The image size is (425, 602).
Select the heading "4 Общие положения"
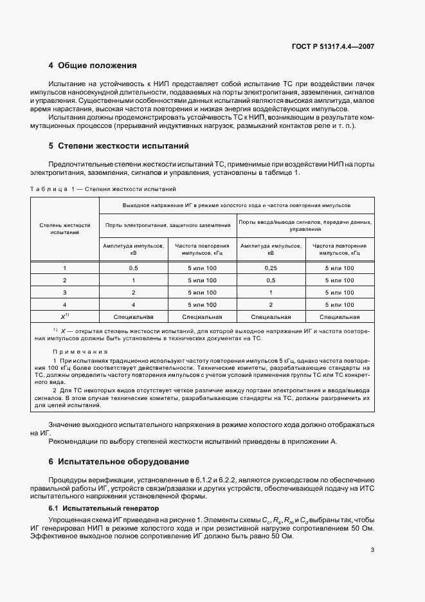(x=93, y=66)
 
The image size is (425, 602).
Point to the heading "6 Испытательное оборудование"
(x=119, y=462)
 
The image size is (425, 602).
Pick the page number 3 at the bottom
(x=372, y=550)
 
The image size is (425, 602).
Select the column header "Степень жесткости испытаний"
(x=64, y=229)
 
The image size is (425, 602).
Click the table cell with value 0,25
(x=271, y=268)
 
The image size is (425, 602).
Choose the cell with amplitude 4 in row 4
(x=134, y=304)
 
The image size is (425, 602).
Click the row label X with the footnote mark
(x=64, y=316)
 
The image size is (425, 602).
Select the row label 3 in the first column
(x=64, y=292)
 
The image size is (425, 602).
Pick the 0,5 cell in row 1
(x=134, y=268)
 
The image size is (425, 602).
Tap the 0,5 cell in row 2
(x=271, y=280)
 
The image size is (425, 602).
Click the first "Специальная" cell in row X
(x=134, y=316)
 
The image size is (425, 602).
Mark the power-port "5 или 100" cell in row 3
(x=202, y=292)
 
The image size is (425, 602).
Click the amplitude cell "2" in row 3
(x=134, y=292)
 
